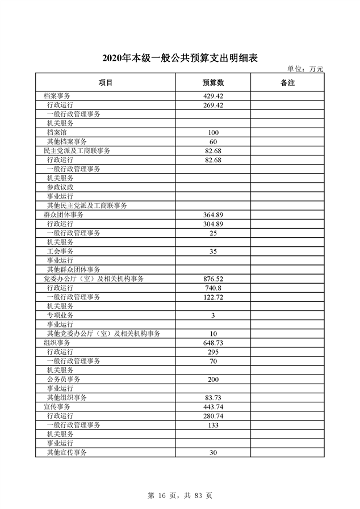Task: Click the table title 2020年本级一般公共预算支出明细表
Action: [x=179, y=58]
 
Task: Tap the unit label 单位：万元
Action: [x=305, y=69]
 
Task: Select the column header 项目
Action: [x=106, y=83]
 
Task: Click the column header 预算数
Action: [x=214, y=83]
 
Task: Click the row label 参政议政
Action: [x=60, y=187]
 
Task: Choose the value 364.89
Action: [x=214, y=215]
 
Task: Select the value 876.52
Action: [x=214, y=279]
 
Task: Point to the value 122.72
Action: [x=214, y=297]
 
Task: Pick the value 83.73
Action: [x=214, y=398]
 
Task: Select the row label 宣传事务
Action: [x=57, y=407]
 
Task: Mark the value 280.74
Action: [x=214, y=416]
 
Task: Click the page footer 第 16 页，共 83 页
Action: [x=179, y=495]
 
